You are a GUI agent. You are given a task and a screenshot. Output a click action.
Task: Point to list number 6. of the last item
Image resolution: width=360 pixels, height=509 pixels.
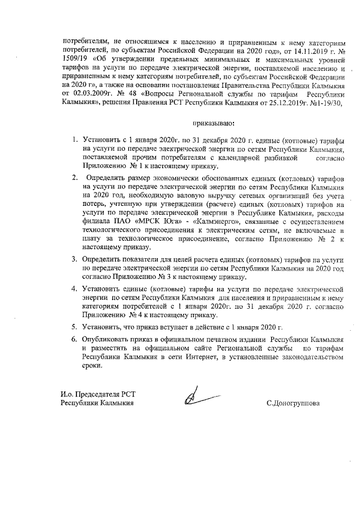click(74, 340)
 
